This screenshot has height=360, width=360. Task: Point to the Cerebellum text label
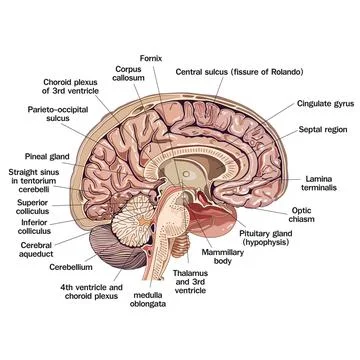[x=44, y=268]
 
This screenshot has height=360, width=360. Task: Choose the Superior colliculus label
[x=38, y=206]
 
